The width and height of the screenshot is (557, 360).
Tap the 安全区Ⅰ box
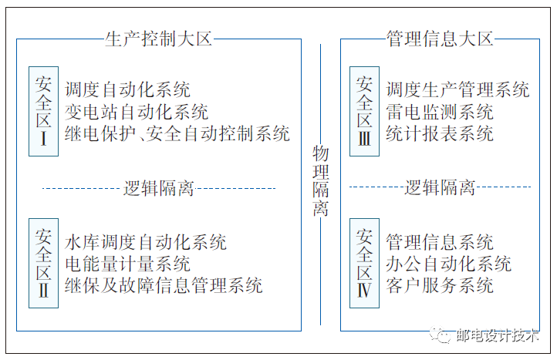click(43, 111)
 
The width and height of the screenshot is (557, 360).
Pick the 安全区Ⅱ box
click(43, 263)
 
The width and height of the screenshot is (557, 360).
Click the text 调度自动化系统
click(127, 90)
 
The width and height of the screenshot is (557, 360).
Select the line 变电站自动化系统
click(137, 112)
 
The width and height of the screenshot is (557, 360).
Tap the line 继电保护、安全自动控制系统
click(177, 133)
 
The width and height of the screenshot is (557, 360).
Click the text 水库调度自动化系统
click(146, 242)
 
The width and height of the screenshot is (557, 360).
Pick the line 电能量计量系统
click(127, 264)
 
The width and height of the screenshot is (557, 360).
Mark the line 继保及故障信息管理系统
click(164, 285)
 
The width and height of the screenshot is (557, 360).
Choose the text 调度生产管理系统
click(457, 90)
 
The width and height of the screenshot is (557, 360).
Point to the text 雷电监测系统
click(439, 112)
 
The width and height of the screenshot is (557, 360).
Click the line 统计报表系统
click(439, 133)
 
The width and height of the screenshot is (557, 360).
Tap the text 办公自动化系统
click(448, 264)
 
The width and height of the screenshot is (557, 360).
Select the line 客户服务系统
click(439, 285)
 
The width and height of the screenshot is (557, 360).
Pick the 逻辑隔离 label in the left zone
click(158, 187)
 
